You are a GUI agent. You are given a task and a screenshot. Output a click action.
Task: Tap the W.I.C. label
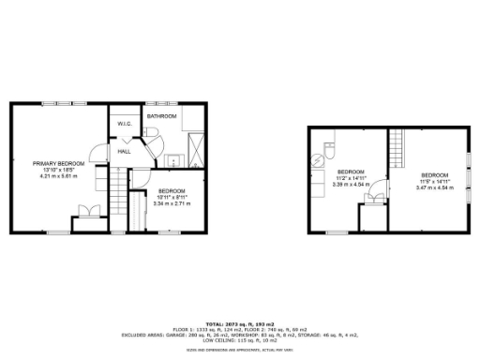coord(124,125)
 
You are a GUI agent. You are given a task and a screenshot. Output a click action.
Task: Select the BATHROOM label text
coord(161,116)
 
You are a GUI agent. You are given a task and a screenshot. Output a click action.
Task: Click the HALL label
coord(124,152)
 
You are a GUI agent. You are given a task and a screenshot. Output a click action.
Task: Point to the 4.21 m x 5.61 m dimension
coord(58,176)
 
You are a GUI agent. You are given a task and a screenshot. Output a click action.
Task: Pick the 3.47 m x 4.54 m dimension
coord(434,188)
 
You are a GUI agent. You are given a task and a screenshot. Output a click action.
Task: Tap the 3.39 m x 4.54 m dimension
coord(351,185)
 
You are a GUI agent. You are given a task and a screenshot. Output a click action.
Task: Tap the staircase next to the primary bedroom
coord(116,198)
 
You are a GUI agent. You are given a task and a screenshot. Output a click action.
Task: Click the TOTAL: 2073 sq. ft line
coord(239,322)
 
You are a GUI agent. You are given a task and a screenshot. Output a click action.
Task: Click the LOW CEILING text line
coord(239,338)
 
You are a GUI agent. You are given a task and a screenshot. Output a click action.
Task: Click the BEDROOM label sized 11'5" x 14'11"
coord(434,175)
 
